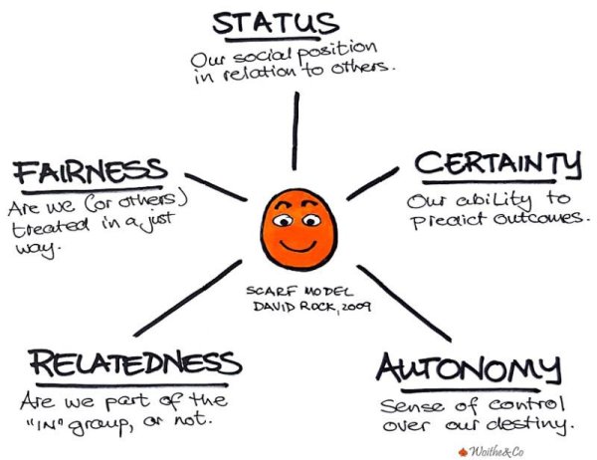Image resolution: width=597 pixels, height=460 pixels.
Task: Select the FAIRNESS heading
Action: (91, 171)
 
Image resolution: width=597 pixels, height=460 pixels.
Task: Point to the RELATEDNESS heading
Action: (133, 364)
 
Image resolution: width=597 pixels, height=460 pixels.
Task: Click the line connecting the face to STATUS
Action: (295, 129)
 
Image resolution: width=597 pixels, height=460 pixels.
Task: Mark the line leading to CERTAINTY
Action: (372, 183)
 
